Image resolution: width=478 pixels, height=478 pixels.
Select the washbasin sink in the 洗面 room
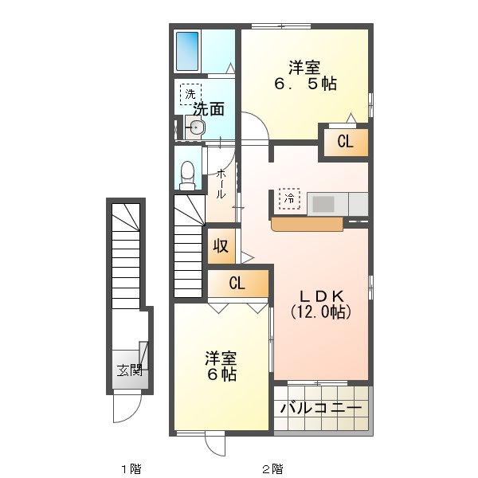(x=196, y=127)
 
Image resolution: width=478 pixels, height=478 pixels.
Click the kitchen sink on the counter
(x=323, y=204)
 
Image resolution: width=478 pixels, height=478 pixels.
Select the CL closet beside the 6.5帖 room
(x=345, y=143)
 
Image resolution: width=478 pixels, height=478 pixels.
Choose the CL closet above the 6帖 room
(x=237, y=283)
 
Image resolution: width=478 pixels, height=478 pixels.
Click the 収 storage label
(x=221, y=246)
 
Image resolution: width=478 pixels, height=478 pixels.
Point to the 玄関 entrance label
(x=129, y=370)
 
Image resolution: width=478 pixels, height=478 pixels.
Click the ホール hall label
(x=220, y=184)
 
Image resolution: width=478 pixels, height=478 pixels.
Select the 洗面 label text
(x=206, y=108)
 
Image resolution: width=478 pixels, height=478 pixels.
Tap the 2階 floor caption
(x=272, y=468)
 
